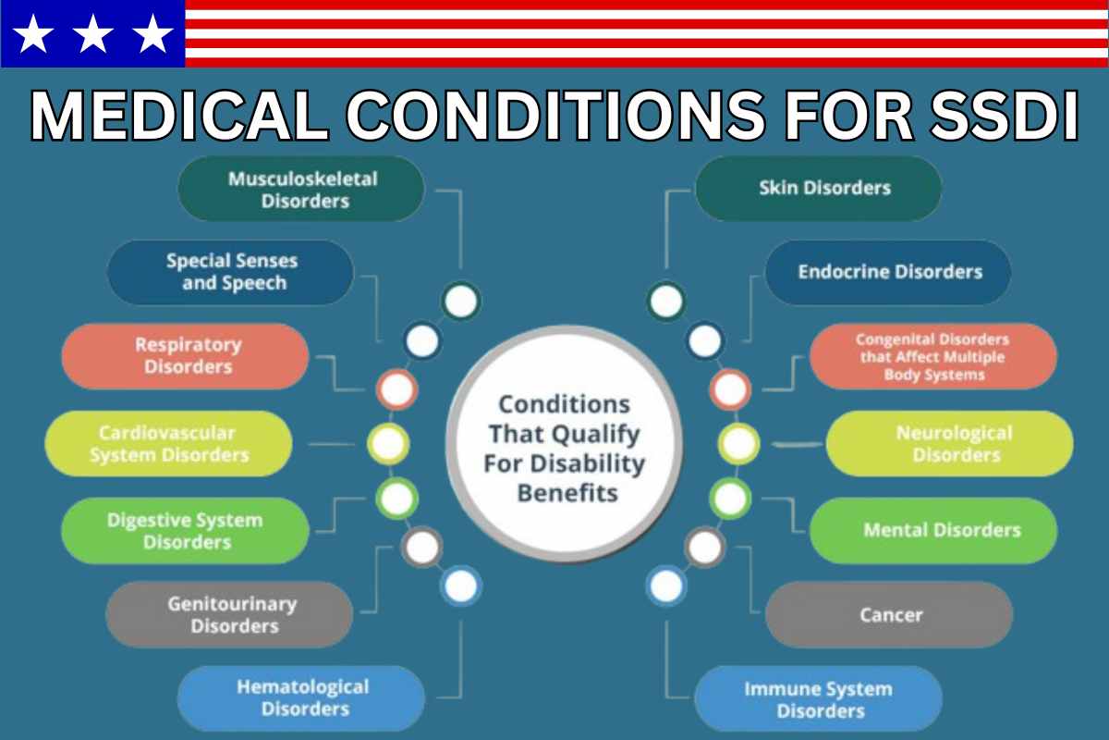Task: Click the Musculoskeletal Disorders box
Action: [x=301, y=189]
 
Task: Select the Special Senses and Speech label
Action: [x=232, y=272]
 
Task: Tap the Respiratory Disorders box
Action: [x=185, y=356]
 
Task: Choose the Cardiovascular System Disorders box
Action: [x=168, y=444]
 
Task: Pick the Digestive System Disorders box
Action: [x=185, y=531]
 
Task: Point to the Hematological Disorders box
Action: [x=301, y=698]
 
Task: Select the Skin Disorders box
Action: [x=819, y=189]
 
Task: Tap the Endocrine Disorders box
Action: [x=888, y=272]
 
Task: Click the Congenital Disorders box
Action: [x=932, y=356]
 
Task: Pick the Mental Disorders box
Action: [x=933, y=531]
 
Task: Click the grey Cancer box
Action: [x=889, y=614]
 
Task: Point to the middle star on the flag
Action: [x=92, y=34]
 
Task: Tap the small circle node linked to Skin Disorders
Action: [x=666, y=301]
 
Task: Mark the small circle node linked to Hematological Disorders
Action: [x=460, y=585]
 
